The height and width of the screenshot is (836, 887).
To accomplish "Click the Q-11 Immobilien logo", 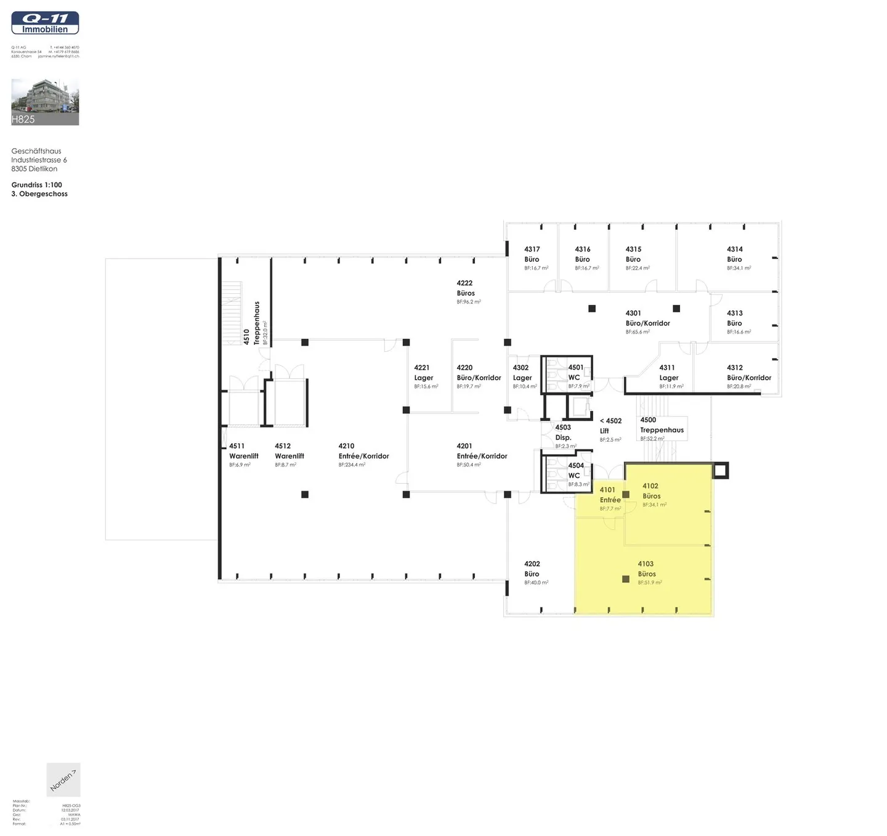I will click(x=45, y=23).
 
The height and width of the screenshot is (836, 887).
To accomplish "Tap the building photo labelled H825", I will click(x=45, y=102).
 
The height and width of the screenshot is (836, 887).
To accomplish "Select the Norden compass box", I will click(x=63, y=780).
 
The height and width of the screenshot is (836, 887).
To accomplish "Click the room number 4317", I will click(x=532, y=250).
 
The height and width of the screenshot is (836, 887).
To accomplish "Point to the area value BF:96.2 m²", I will click(x=469, y=302).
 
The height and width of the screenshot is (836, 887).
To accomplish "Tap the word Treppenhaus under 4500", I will click(x=662, y=430).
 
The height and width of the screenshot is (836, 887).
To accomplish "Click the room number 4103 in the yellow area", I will click(x=646, y=564).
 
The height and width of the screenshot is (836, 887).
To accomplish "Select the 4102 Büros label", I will click(x=651, y=491).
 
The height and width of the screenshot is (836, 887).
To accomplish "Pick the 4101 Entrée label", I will click(x=610, y=495).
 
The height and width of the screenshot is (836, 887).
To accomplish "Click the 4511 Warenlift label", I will click(x=243, y=451).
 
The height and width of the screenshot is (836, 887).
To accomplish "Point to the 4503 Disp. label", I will click(x=563, y=432).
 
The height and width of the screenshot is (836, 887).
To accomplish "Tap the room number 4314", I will click(x=735, y=250).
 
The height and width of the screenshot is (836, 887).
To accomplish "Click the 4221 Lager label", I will click(x=423, y=373).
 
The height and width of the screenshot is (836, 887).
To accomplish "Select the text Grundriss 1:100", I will click(x=37, y=185).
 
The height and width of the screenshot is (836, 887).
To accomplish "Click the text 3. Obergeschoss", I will click(x=39, y=194).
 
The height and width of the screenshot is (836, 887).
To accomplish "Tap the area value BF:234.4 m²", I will click(x=352, y=465).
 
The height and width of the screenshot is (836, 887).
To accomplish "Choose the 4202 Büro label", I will click(x=532, y=569).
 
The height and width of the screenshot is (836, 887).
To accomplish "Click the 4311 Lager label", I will click(x=668, y=373).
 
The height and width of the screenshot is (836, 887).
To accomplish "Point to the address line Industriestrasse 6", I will click(x=39, y=160).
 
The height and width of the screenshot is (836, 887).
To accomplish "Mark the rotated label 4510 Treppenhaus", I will click(x=251, y=323).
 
